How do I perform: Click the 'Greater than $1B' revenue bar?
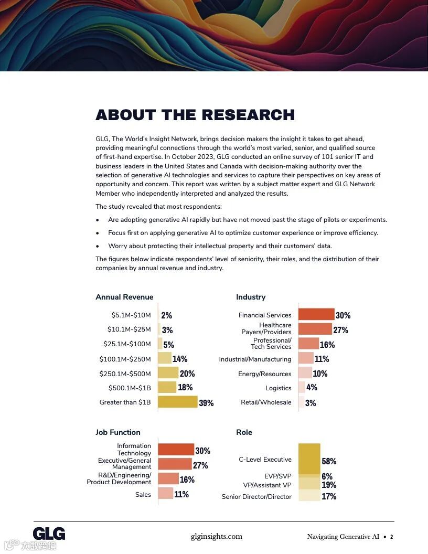[178, 402]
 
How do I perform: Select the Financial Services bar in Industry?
[316, 315]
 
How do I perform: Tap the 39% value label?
[206, 403]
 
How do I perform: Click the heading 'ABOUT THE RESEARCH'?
[195, 115]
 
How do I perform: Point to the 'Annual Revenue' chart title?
[124, 297]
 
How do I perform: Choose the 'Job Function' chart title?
[118, 432]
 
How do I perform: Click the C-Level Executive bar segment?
[309, 459]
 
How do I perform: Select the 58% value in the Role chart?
[329, 461]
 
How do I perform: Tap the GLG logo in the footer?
[49, 534]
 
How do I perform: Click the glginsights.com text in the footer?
[216, 536]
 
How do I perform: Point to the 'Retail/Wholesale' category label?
[266, 402]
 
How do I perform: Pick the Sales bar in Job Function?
[165, 494]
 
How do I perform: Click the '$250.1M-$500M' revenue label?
[125, 374]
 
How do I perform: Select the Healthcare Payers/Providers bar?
[315, 329]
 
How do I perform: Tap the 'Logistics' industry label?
[278, 388]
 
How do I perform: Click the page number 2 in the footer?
[391, 537]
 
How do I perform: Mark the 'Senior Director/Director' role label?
[256, 496]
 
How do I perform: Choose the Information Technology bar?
[176, 450]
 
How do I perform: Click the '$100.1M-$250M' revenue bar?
[165, 358]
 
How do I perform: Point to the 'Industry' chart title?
[251, 297]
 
